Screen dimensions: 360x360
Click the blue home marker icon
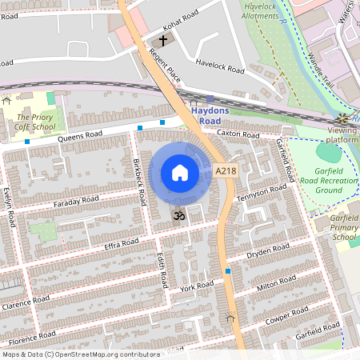click(x=180, y=173)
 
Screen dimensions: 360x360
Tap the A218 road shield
click(x=225, y=170)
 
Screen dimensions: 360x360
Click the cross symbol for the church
click(x=163, y=39)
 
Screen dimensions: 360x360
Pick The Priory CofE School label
click(x=33, y=121)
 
